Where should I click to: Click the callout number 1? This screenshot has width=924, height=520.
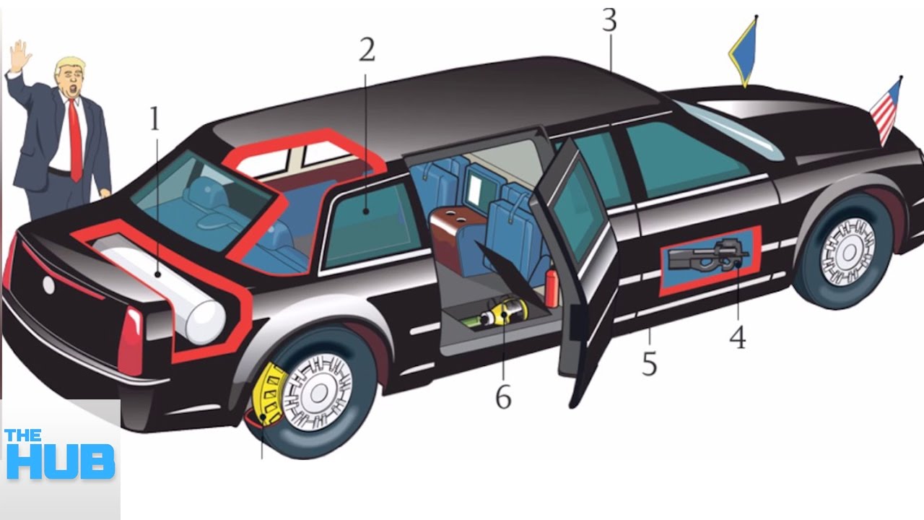pyautogui.click(x=154, y=119)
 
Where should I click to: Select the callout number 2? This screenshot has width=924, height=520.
pyautogui.click(x=367, y=50)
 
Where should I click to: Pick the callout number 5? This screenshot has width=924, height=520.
pyautogui.click(x=650, y=365)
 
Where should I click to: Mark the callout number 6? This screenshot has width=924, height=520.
pyautogui.click(x=502, y=396)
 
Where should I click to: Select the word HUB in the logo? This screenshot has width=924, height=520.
pyautogui.click(x=60, y=462)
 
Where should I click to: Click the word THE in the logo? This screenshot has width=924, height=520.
pyautogui.click(x=23, y=435)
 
